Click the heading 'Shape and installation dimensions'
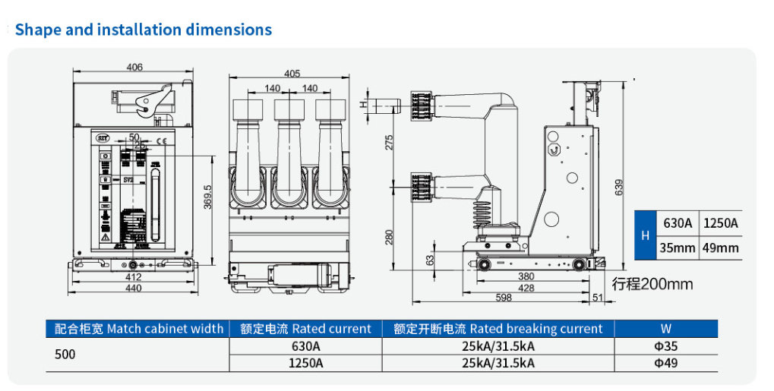[x=144, y=30]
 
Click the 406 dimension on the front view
[x=134, y=68]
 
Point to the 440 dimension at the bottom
[x=134, y=288]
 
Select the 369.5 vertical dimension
[x=207, y=197]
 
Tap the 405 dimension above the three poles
[x=292, y=74]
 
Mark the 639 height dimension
[x=618, y=186]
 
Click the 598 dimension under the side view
[x=503, y=298]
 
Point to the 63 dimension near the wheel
[x=431, y=260]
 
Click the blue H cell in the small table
[x=645, y=235]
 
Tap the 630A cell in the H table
[x=678, y=223]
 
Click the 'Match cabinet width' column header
[x=140, y=329]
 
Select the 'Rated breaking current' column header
[x=498, y=329]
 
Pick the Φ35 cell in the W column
[x=665, y=346]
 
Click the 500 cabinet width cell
[x=65, y=355]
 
